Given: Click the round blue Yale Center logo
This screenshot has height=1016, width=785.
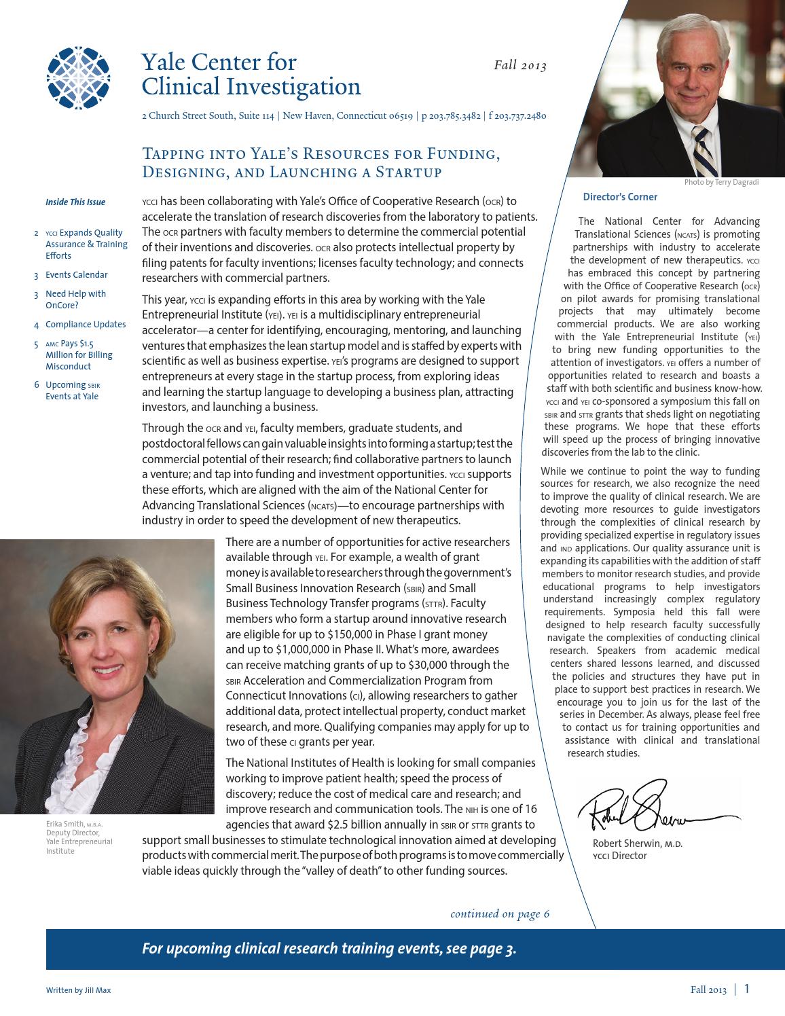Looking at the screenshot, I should [77, 77].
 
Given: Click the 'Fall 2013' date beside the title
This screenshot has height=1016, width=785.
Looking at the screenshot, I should [519, 66].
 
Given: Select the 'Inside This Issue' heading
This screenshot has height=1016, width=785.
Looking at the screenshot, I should [75, 202].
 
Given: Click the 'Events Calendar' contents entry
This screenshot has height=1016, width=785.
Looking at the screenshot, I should [76, 275].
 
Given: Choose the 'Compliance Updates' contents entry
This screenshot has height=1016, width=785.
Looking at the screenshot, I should [85, 325].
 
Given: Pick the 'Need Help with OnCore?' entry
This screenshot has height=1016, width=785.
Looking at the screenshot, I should [75, 300].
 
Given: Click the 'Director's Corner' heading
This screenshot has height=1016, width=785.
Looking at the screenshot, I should [620, 197].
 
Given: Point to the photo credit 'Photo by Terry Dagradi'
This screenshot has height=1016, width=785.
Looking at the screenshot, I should [721, 182].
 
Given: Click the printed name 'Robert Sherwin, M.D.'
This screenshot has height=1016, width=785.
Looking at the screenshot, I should [637, 843].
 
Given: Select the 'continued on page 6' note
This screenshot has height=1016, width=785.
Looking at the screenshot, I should [500, 913].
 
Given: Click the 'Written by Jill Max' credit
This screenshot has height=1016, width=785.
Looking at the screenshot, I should [78, 990].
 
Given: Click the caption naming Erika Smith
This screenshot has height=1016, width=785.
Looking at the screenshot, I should [74, 837].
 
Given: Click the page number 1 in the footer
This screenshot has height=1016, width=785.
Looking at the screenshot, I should [747, 989].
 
